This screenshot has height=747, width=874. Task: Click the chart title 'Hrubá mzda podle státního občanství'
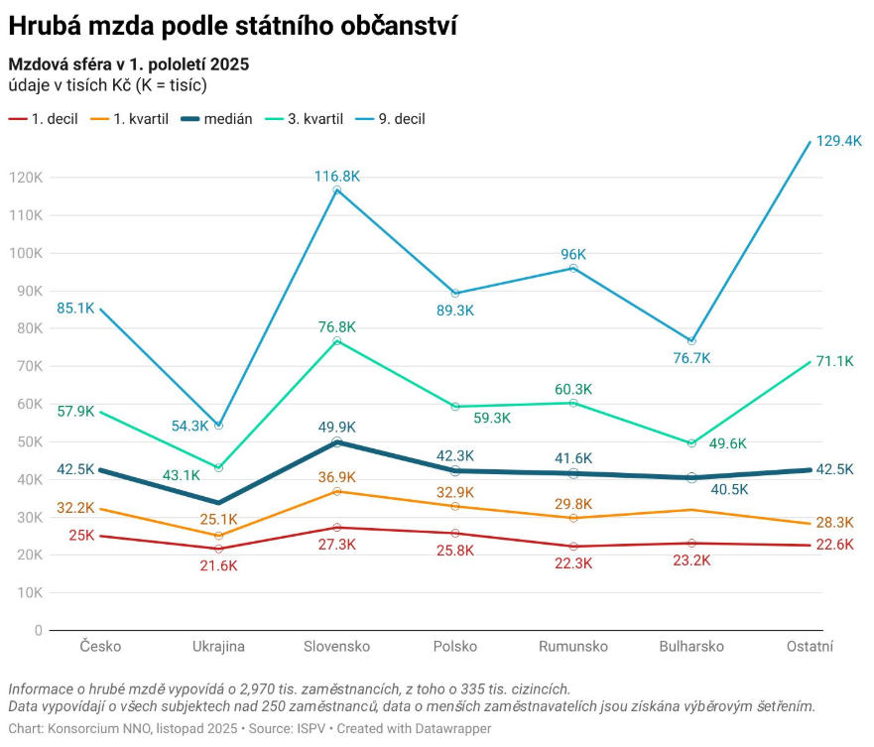tap(233, 25)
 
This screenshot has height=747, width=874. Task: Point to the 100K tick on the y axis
tap(25, 253)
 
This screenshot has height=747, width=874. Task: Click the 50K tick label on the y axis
tap(29, 441)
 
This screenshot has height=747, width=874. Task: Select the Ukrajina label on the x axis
tap(218, 647)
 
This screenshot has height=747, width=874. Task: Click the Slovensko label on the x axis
tap(336, 647)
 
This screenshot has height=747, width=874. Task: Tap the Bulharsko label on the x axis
tap(691, 647)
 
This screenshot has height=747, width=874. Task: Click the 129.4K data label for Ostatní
tap(839, 141)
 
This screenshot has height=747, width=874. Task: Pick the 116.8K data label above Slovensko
tap(336, 176)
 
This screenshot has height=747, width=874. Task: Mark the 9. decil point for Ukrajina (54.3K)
tap(218, 425)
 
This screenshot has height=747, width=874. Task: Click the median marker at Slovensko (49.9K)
tap(337, 441)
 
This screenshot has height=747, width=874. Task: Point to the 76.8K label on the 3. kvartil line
tap(336, 326)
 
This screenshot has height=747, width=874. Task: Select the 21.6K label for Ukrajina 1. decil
tap(218, 565)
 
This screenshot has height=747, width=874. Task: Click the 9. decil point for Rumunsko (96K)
tap(573, 268)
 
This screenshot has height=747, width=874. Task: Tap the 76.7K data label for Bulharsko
tap(691, 358)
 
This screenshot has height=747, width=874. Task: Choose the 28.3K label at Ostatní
tap(834, 523)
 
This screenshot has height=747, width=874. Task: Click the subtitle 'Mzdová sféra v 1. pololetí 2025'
tap(128, 64)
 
